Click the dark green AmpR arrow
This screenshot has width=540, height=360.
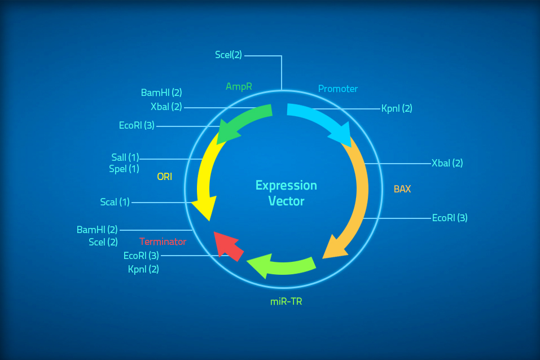[243, 120]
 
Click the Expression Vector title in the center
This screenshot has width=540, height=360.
[286, 193]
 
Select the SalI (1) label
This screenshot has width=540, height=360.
[125, 157]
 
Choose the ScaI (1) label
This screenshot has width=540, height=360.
[115, 201]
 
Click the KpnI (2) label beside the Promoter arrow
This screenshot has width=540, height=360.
[397, 108]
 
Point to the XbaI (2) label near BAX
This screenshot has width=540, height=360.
[447, 163]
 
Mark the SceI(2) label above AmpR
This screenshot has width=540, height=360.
[229, 55]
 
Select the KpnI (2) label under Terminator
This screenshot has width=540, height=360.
[143, 269]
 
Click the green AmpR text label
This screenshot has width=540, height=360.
[239, 86]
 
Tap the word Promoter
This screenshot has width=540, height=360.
[338, 89]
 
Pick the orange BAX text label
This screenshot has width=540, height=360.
[402, 189]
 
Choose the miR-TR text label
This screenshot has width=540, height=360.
[286, 301]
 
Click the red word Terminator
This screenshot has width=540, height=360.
[163, 242]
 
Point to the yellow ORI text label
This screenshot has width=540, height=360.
[164, 177]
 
